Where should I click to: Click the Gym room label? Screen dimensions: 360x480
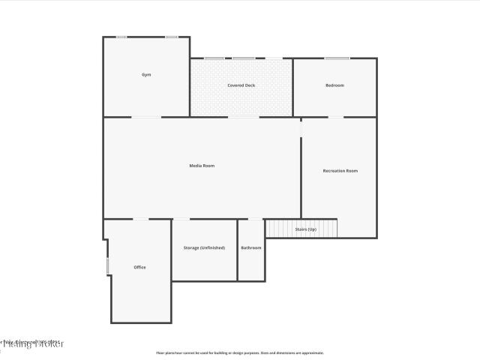coord(146,75)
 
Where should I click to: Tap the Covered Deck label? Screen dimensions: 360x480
coord(241,85)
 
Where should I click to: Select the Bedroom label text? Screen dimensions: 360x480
coord(334,85)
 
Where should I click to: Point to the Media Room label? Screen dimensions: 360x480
coord(202,165)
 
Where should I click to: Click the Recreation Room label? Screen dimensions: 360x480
coord(340,171)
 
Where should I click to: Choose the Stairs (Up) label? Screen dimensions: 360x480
coord(305,229)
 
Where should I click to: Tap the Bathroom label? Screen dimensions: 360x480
coord(251,247)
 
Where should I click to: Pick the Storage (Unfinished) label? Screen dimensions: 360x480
coord(204,247)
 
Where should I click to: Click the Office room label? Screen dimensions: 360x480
coord(139,267)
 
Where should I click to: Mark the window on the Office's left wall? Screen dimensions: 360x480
coord(108,265)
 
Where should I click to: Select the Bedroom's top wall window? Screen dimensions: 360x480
coord(337,58)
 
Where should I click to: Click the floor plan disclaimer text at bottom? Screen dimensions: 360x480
coord(240,352)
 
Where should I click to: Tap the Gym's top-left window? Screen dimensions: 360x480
coord(121,37)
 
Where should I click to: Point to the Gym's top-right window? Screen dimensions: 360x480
coord(172,37)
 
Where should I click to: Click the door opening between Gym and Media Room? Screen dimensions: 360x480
coord(146,117)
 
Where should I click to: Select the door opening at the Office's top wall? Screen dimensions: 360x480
coord(141,219)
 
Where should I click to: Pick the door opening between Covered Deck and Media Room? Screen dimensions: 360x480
coord(244,117)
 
